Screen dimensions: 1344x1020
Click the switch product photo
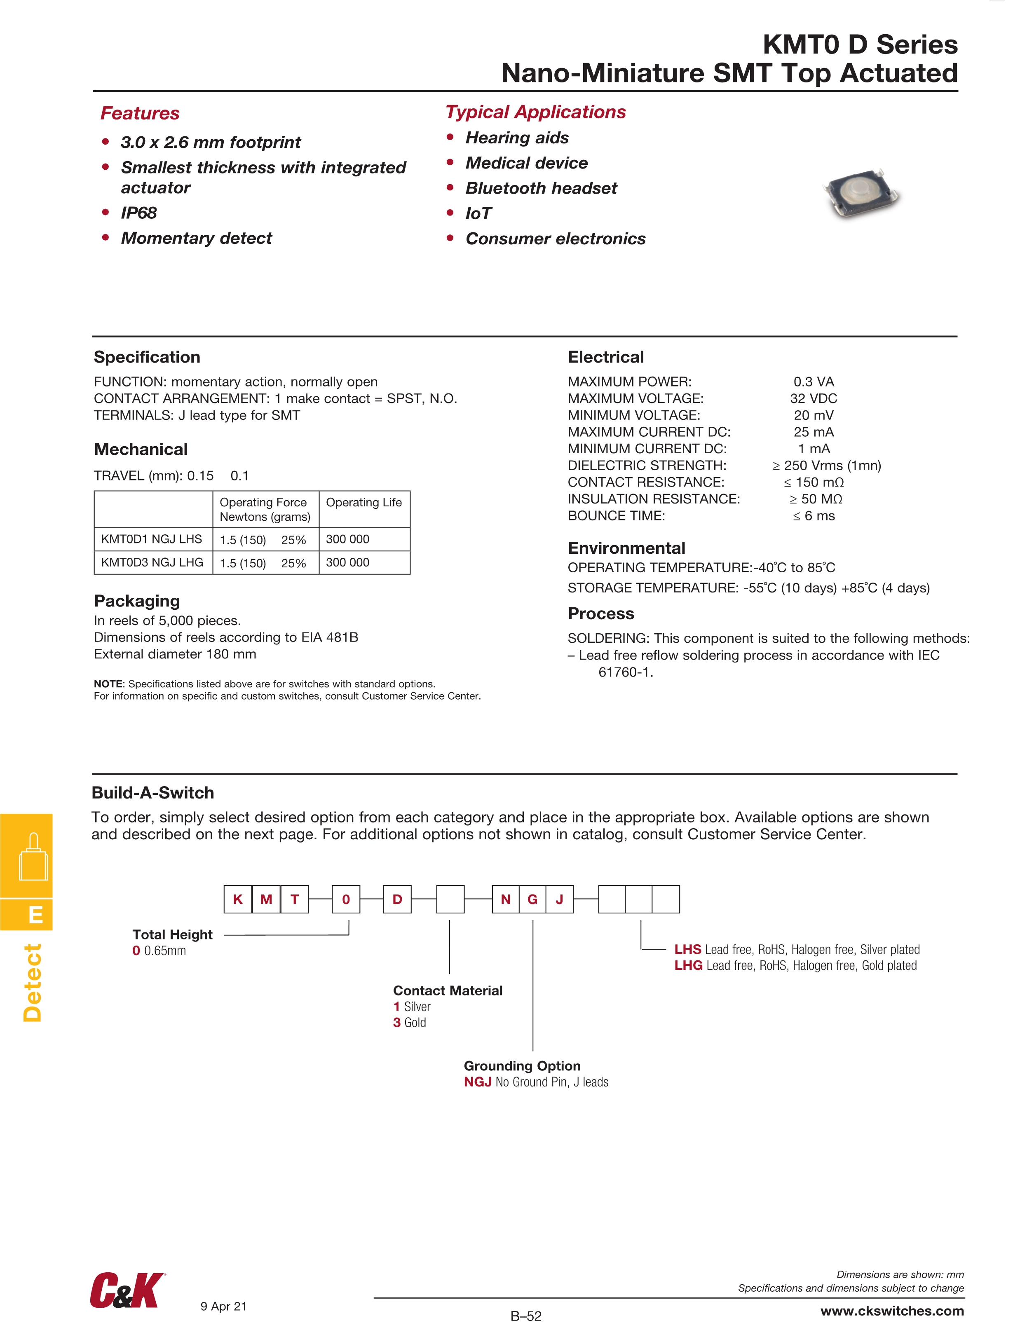coord(863,195)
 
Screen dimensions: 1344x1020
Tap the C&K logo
coord(127,1290)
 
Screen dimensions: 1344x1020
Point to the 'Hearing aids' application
coord(517,138)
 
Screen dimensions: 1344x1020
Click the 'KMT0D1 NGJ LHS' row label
coord(151,539)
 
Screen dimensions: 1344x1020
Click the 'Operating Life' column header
coord(363,503)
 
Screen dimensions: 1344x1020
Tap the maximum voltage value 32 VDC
coord(814,398)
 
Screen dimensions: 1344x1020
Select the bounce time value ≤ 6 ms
coord(814,516)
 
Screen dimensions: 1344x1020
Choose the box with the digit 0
coord(346,899)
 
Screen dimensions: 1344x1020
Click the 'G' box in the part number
coord(532,899)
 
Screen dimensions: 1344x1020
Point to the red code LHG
coord(688,965)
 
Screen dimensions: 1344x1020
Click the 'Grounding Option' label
coord(522,1066)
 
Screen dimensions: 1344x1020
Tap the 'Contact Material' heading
coord(448,990)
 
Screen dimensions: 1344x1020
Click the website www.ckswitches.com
coord(892,1311)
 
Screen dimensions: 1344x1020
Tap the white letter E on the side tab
coord(36,914)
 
